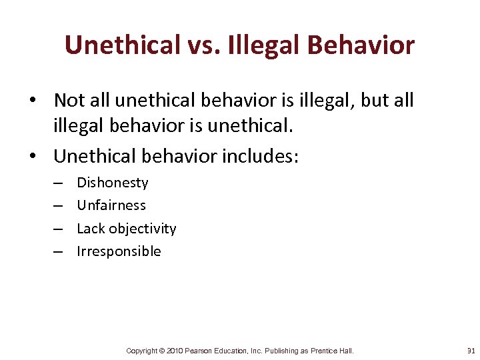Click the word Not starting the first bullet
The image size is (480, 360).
(68, 100)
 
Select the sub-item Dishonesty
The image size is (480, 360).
(113, 183)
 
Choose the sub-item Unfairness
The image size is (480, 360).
(111, 205)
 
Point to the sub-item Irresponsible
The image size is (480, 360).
(119, 251)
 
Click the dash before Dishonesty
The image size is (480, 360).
(58, 183)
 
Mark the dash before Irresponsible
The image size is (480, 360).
(58, 251)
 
